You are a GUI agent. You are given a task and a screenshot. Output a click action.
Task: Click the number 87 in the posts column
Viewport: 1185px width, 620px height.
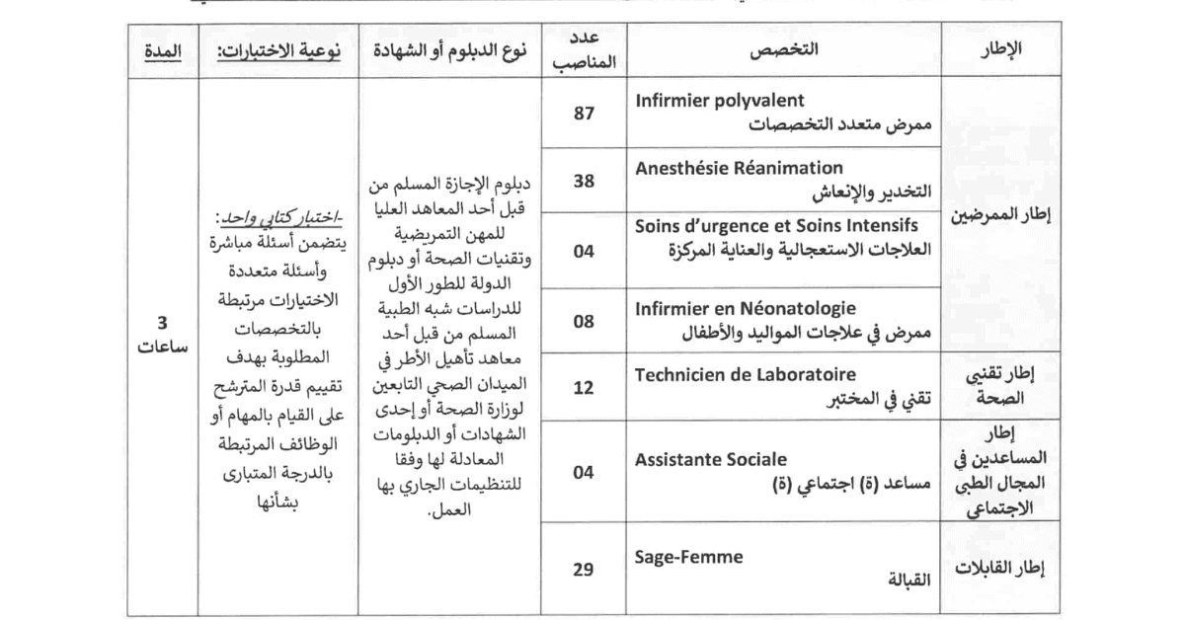pyautogui.click(x=583, y=114)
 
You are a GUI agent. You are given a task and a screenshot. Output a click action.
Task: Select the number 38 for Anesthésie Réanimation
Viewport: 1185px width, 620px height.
pyautogui.click(x=583, y=182)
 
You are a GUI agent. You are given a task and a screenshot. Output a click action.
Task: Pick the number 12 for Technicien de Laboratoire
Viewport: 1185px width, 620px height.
pyautogui.click(x=583, y=386)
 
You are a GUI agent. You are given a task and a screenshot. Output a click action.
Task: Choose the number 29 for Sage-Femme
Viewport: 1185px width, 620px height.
pyautogui.click(x=583, y=570)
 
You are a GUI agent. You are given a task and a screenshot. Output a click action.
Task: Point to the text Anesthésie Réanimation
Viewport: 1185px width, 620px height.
pyautogui.click(x=739, y=168)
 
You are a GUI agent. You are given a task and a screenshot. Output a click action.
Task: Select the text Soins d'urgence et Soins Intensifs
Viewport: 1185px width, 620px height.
pyautogui.click(x=776, y=226)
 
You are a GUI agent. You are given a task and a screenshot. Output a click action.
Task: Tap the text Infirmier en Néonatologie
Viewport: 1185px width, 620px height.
pyautogui.click(x=746, y=309)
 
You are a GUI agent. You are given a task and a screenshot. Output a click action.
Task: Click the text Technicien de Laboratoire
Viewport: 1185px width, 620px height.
pyautogui.click(x=746, y=375)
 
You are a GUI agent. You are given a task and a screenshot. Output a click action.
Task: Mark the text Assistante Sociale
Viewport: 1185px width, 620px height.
pyautogui.click(x=711, y=459)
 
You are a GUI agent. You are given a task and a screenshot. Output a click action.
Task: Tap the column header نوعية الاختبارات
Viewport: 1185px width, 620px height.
pyautogui.click(x=279, y=49)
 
